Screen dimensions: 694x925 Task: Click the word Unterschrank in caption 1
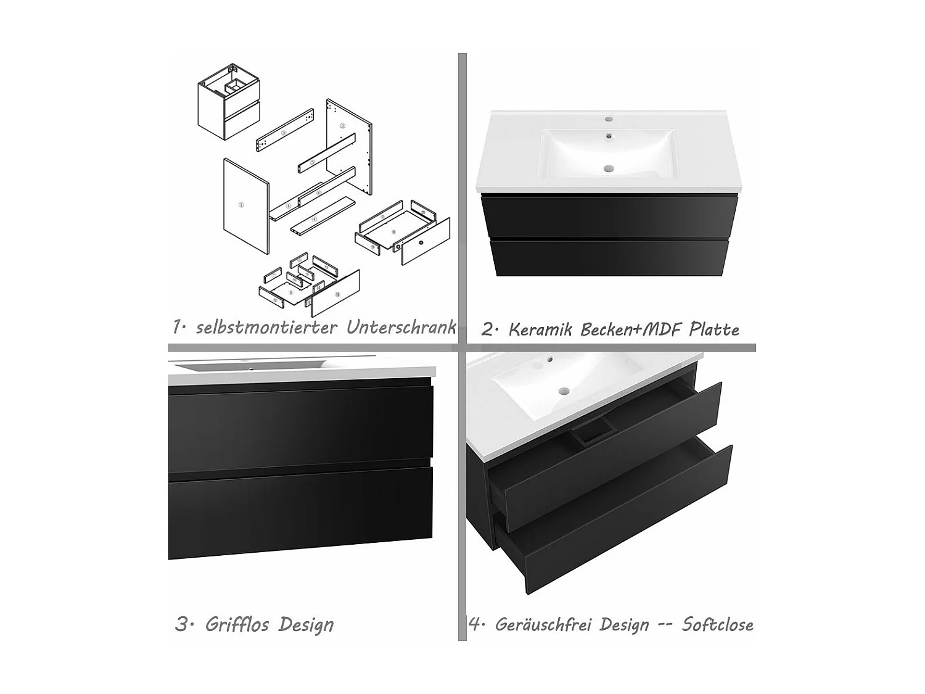(x=401, y=327)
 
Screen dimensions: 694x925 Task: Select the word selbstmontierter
(x=266, y=327)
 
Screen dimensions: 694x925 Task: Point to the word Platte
(x=714, y=329)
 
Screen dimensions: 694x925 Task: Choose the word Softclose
(x=717, y=624)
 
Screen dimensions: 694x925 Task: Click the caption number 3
(x=181, y=624)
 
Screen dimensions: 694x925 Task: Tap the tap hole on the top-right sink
(x=609, y=118)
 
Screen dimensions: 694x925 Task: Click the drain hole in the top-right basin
(x=609, y=167)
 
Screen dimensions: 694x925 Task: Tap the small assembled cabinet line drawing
(x=228, y=102)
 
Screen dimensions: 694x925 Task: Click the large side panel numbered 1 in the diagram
(x=245, y=205)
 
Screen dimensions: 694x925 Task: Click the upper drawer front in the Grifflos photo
(x=300, y=426)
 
